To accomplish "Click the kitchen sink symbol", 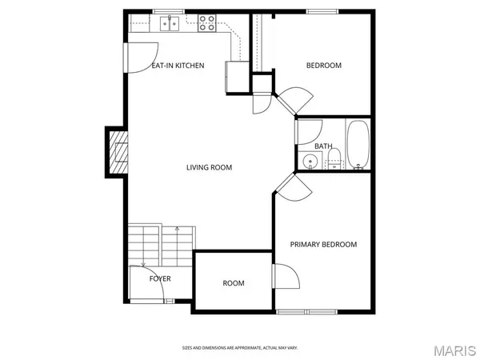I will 169,25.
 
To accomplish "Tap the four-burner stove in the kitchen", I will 206,24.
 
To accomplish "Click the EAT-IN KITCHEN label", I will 178,66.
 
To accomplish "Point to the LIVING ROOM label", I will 209,167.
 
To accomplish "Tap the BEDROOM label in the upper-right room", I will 324,66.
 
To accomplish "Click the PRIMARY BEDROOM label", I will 323,245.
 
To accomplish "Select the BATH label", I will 323,146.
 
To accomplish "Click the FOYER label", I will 160,279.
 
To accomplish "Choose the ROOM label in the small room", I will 234,283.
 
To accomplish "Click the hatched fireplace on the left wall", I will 117,151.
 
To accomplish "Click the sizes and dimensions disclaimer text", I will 240,348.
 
